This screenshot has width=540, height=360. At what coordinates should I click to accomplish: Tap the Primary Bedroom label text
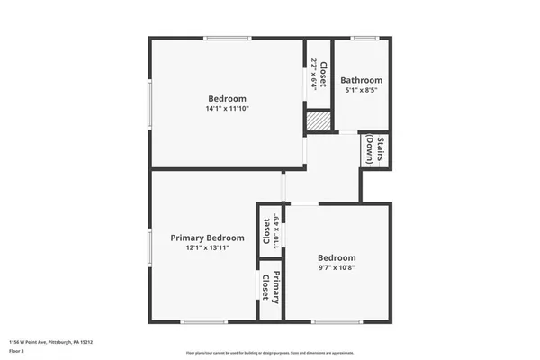(x=208, y=238)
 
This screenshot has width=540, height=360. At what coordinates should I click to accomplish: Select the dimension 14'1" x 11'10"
(x=228, y=108)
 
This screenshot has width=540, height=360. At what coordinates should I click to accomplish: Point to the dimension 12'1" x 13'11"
(x=208, y=247)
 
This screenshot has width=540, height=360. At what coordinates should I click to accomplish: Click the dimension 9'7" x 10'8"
(x=337, y=266)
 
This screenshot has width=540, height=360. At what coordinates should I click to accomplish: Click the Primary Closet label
(x=272, y=285)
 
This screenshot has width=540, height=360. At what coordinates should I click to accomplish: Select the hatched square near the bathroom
(x=318, y=121)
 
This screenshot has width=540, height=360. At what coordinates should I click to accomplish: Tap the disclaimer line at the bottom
(x=269, y=352)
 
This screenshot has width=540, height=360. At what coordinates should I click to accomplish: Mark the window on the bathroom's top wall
(x=364, y=38)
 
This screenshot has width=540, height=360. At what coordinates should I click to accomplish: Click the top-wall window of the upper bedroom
(x=228, y=38)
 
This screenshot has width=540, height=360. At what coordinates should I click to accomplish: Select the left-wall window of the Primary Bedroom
(x=149, y=245)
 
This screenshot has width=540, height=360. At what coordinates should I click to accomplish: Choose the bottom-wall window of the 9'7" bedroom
(x=337, y=321)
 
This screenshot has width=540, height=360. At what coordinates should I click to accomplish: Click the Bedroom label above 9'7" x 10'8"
(x=337, y=256)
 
